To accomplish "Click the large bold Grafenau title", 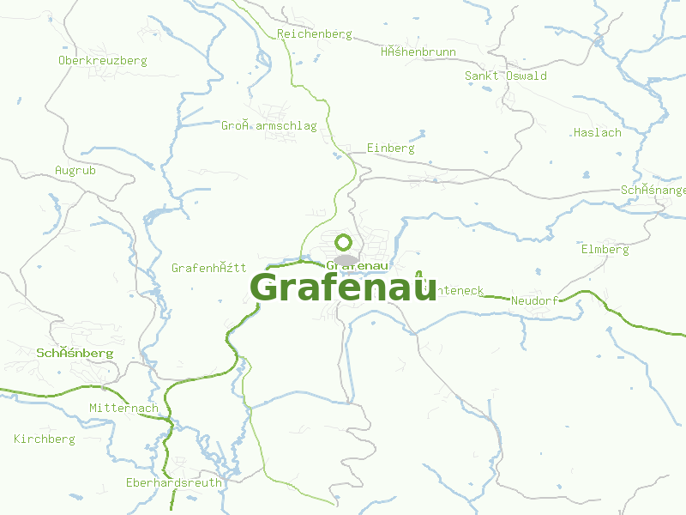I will coord(343,288).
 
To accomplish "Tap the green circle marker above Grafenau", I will coord(343,242).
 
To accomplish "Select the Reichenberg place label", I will coord(315,34).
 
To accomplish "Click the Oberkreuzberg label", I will coord(102,61).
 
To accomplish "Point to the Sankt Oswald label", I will coord(505,76).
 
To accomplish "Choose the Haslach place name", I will coord(597,133).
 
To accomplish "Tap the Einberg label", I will coord(390,148).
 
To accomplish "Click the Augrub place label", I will coord(75,171).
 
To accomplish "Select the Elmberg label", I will coord(605,250).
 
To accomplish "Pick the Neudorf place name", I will coord(534,301).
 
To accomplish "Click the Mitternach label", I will coord(123,409).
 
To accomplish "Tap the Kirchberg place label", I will coord(45,439).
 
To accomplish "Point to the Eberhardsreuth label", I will coord(173,482).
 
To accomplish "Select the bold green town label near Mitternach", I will coord(75,354).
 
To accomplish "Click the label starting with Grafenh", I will coord(208,268).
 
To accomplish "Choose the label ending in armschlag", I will coord(268,126).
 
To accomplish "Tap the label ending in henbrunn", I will coord(418,52).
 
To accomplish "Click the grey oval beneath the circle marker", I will coord(345,259).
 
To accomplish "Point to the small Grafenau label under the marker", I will coord(352,267).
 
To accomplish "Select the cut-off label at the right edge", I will coord(653,190).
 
